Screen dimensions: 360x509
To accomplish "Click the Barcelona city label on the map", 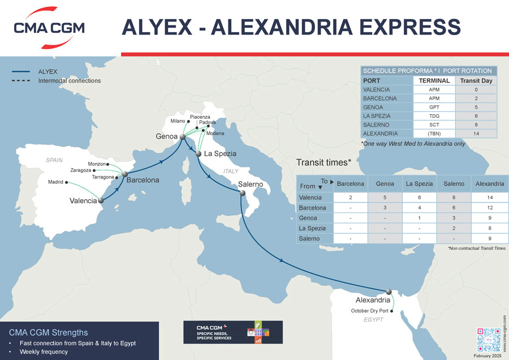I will [x=143, y=180].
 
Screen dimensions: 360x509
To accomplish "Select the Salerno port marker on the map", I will [x=241, y=193].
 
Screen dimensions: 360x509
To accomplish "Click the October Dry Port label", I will [x=370, y=311].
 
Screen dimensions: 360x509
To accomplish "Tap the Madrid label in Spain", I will [x=55, y=182].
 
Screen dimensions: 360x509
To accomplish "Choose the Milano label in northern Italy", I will [x=178, y=121].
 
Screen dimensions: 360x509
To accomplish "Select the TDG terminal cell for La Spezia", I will [x=434, y=116].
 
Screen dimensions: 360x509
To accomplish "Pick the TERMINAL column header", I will [x=434, y=81].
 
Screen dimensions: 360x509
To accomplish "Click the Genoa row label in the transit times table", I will [x=309, y=218].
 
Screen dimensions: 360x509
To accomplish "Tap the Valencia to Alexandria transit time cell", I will [x=490, y=197].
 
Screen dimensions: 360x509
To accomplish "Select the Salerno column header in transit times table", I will [x=454, y=184].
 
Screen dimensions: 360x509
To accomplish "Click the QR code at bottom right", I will [x=489, y=339].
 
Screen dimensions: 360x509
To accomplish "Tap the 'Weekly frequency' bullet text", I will [x=44, y=352].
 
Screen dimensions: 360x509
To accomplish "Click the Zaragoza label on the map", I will [x=80, y=170].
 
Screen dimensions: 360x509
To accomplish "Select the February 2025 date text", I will [x=488, y=355].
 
